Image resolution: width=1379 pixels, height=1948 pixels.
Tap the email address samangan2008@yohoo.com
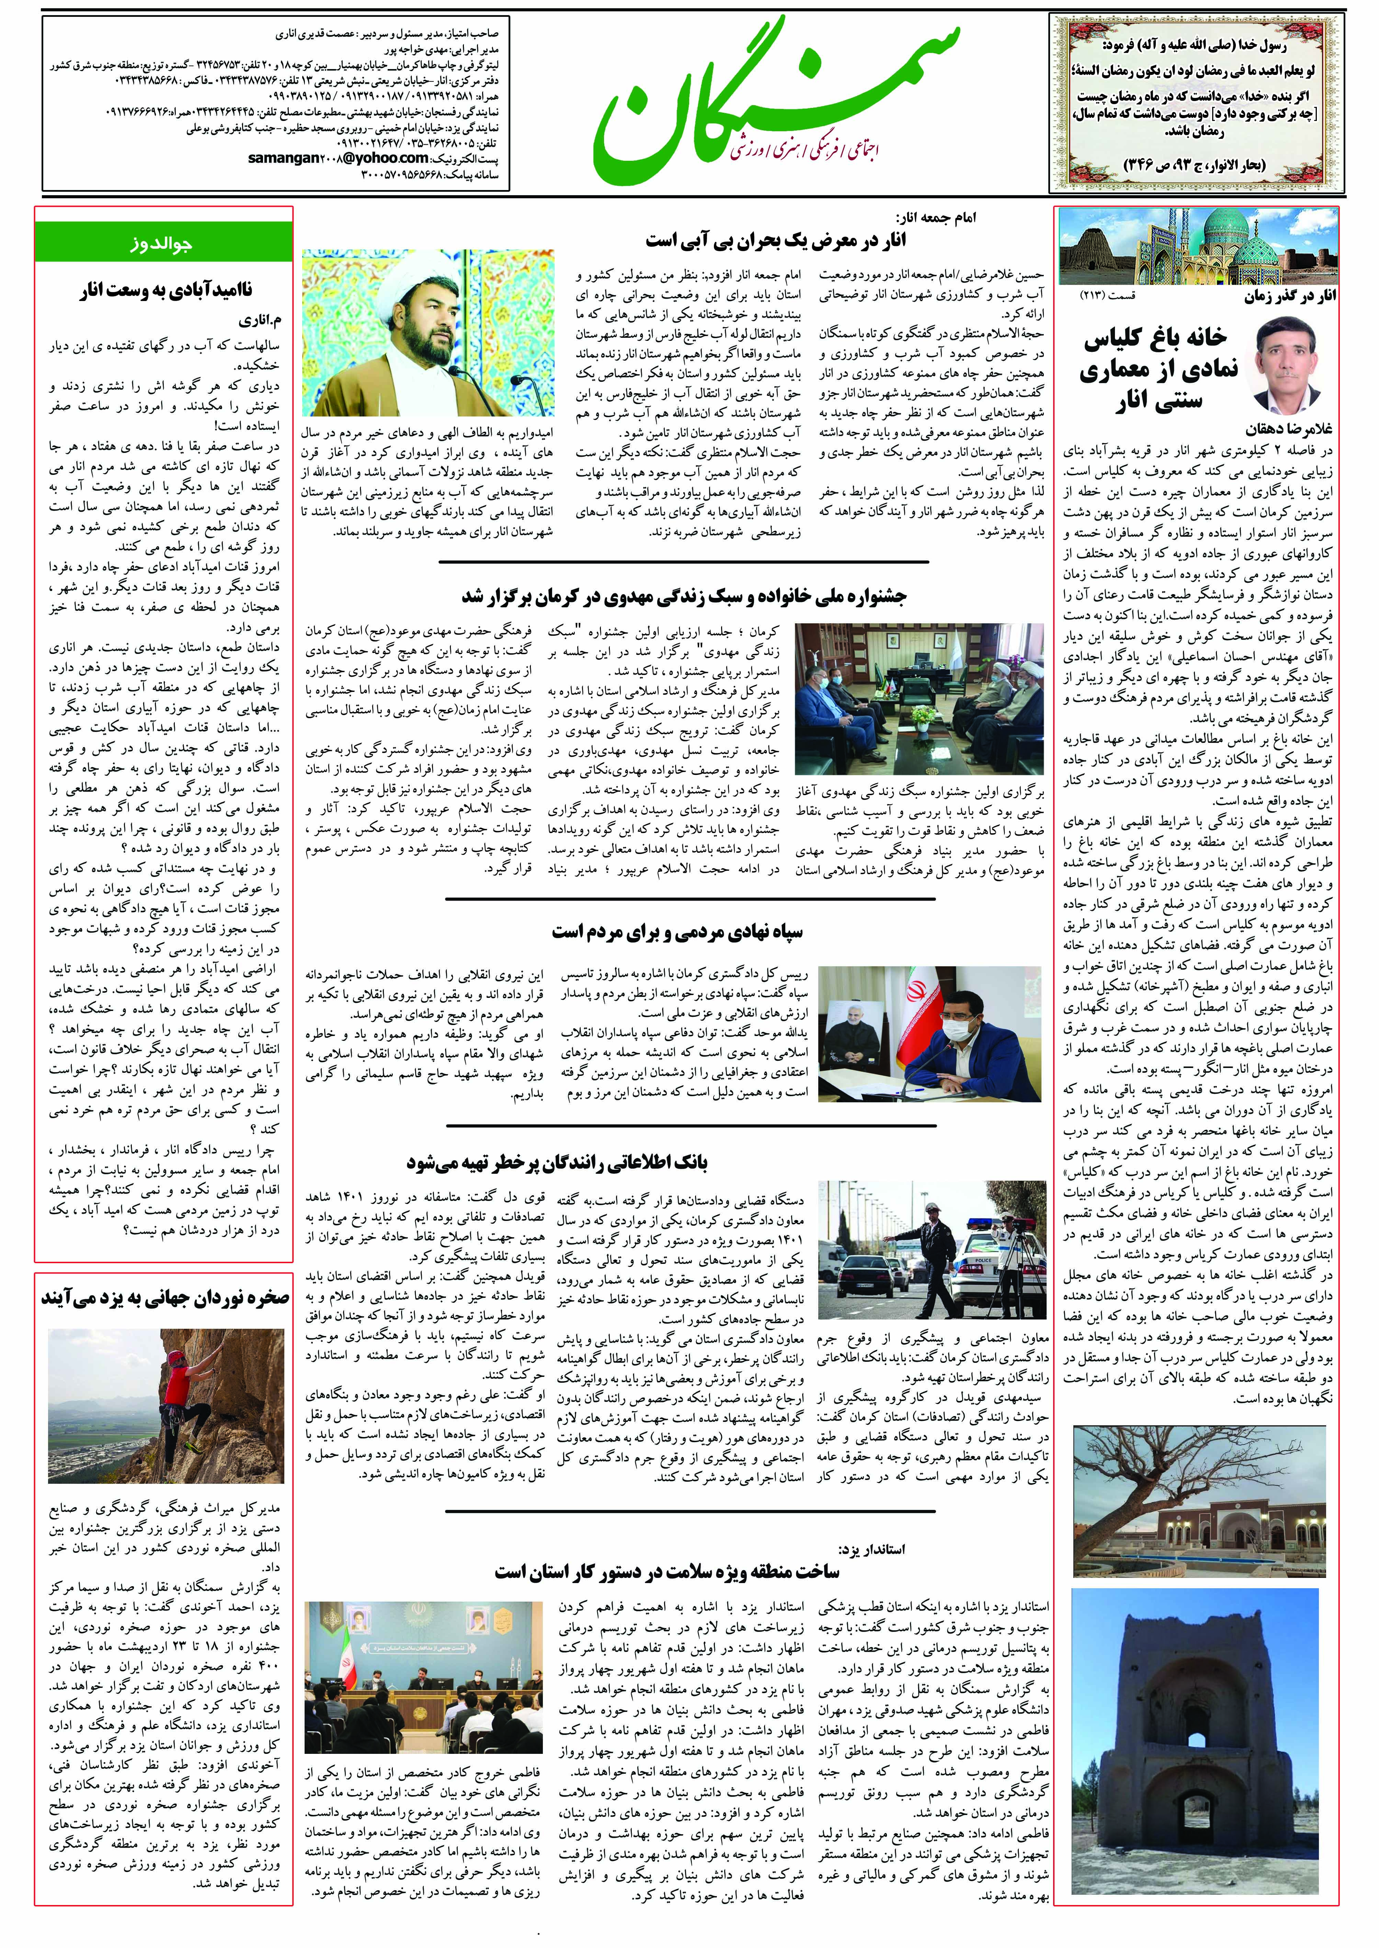[338, 158]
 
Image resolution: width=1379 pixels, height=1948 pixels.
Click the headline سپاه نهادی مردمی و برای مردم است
[677, 932]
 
